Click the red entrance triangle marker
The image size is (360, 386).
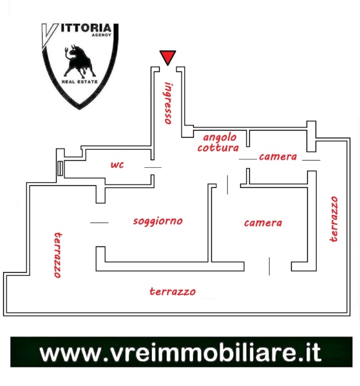167,57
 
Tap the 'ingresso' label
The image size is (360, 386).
169,103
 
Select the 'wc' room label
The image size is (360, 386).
117,165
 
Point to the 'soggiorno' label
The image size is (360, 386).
158,221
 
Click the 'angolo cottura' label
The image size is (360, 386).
218,143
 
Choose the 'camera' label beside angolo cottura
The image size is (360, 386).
278,157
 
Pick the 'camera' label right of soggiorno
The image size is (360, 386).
263,223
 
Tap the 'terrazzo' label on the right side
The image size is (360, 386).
334,219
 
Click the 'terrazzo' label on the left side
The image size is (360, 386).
58,255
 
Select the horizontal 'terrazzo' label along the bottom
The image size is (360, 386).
173,291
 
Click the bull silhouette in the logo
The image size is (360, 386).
80,61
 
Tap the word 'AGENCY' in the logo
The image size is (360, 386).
101,35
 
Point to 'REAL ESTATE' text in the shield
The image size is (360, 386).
80,82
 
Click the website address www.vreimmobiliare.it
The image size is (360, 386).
180,353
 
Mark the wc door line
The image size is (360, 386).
153,168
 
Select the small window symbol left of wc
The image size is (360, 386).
60,169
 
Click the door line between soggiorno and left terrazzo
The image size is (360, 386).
99,223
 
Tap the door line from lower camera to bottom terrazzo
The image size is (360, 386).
269,266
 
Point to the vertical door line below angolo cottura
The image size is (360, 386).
227,185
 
